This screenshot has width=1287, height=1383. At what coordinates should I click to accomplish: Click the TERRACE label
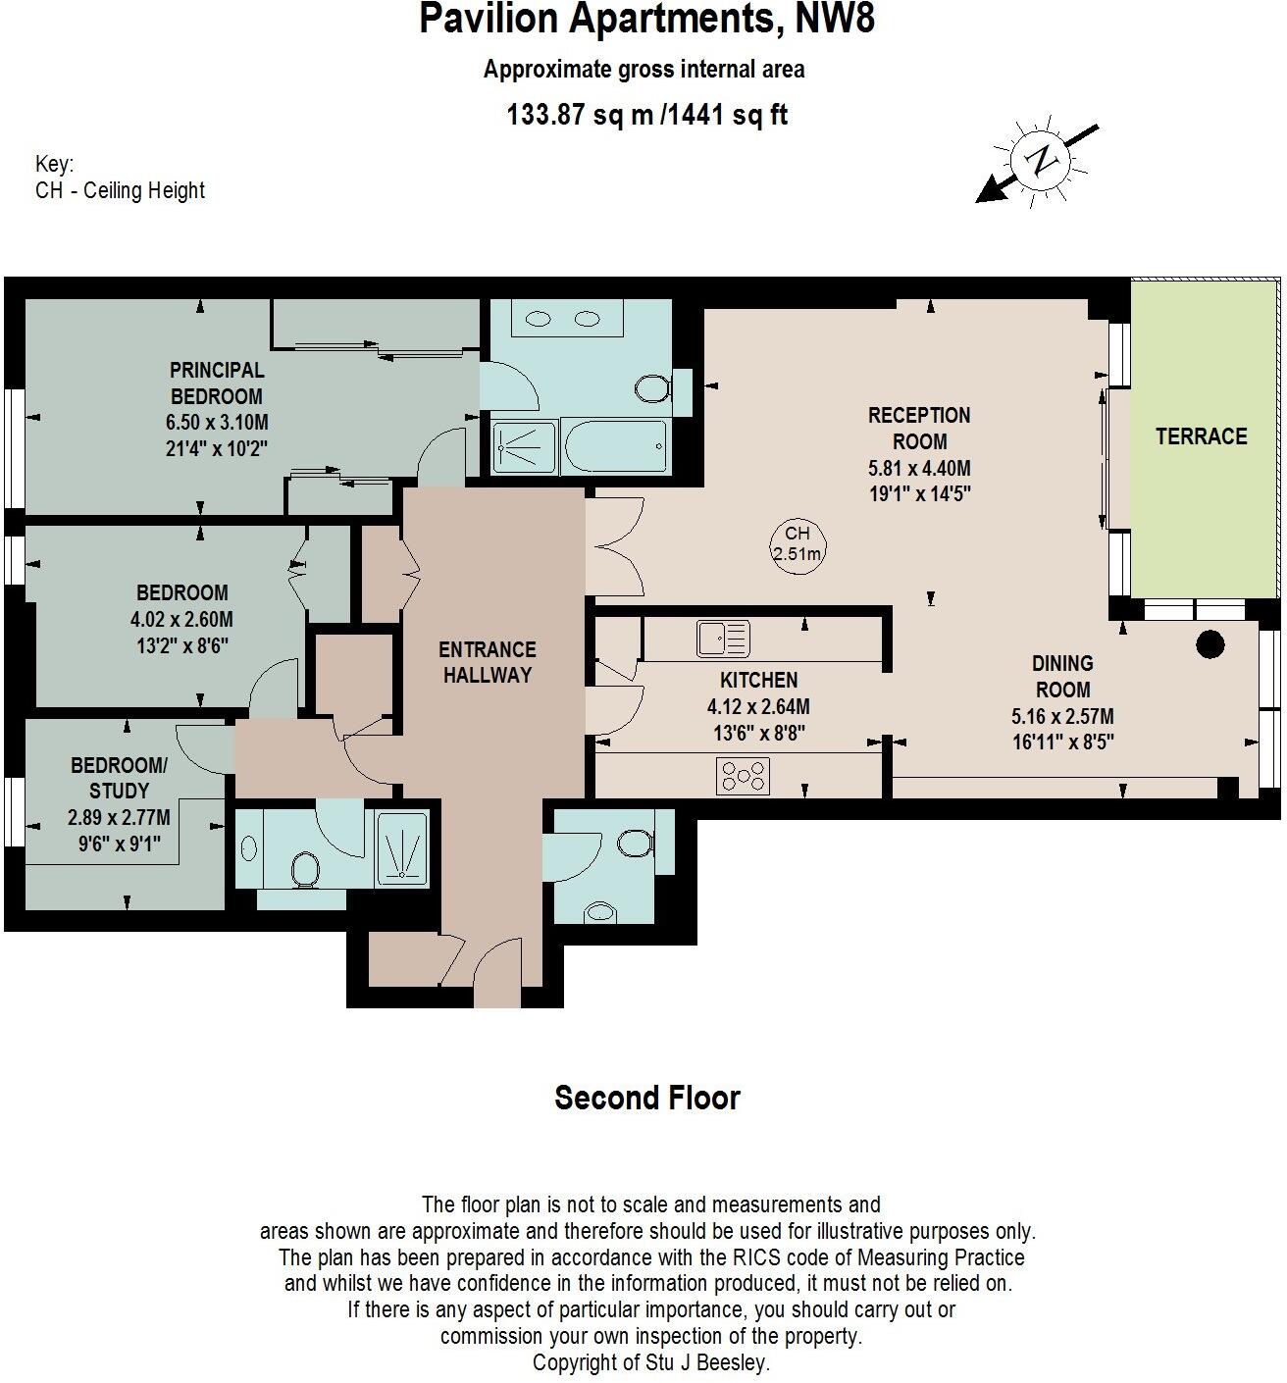pos(1202,436)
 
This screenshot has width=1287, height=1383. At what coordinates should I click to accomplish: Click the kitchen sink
pos(724,639)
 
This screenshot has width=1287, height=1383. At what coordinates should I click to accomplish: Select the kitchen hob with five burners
pos(744,776)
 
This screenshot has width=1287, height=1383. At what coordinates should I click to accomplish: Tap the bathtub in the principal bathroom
pos(615,446)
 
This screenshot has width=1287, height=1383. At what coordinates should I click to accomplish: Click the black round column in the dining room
pos(1210,644)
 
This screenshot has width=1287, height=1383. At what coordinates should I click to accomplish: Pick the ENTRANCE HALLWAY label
pos(488,662)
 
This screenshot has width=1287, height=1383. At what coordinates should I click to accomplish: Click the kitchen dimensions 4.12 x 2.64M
pos(758,707)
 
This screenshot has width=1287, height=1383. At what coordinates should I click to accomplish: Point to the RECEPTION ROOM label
pos(919,429)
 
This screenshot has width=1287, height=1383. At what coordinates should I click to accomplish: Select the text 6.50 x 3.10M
pos(217,423)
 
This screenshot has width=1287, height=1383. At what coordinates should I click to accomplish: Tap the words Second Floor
pos(647,1098)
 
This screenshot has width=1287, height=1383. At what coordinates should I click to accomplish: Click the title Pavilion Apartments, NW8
pos(646,19)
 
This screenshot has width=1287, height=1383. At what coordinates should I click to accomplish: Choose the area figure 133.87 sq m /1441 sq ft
pos(646,115)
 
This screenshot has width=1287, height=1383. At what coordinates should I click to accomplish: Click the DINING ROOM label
pos(1062,676)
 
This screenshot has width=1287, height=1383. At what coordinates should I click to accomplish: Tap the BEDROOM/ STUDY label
pos(119,778)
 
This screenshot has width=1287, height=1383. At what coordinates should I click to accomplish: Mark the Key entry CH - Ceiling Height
pos(120,190)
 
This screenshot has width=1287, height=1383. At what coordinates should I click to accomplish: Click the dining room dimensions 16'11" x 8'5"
pos(1062,742)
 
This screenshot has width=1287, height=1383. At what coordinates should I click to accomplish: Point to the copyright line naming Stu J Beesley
pos(651,1362)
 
